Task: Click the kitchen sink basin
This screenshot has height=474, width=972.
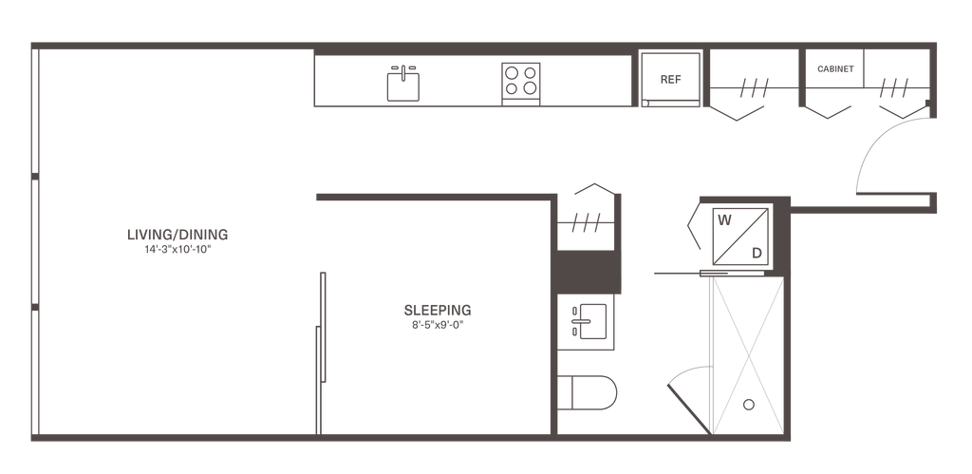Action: [402, 86]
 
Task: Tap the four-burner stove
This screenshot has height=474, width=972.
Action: [521, 84]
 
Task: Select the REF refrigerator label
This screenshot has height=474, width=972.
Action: [671, 80]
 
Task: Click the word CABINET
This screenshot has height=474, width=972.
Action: [835, 68]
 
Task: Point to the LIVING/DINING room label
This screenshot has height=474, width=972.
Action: [178, 235]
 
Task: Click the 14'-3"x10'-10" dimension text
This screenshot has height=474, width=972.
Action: [178, 250]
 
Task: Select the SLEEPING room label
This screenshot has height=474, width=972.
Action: [438, 311]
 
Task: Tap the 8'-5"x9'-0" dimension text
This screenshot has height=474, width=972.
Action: [438, 325]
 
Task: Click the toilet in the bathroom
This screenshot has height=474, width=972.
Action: [587, 392]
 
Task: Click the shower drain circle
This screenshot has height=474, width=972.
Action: [749, 405]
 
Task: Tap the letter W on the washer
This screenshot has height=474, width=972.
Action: [724, 219]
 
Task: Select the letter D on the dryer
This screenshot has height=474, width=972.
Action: [757, 253]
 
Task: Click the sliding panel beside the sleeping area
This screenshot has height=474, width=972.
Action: [321, 353]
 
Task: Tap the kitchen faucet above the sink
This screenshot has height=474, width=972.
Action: [402, 71]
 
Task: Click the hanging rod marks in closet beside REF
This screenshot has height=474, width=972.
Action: [755, 88]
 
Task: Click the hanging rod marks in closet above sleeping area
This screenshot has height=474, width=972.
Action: [586, 222]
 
